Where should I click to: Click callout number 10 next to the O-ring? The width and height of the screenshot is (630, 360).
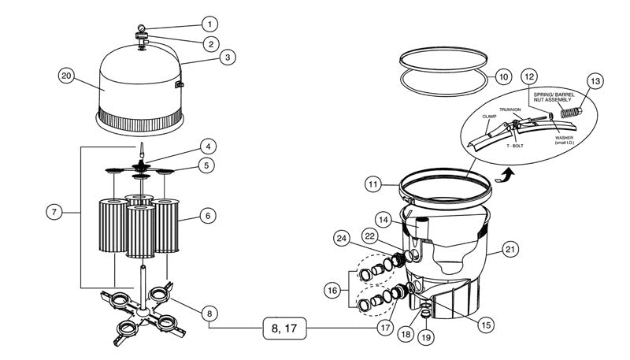pyautogui.click(x=503, y=77)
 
